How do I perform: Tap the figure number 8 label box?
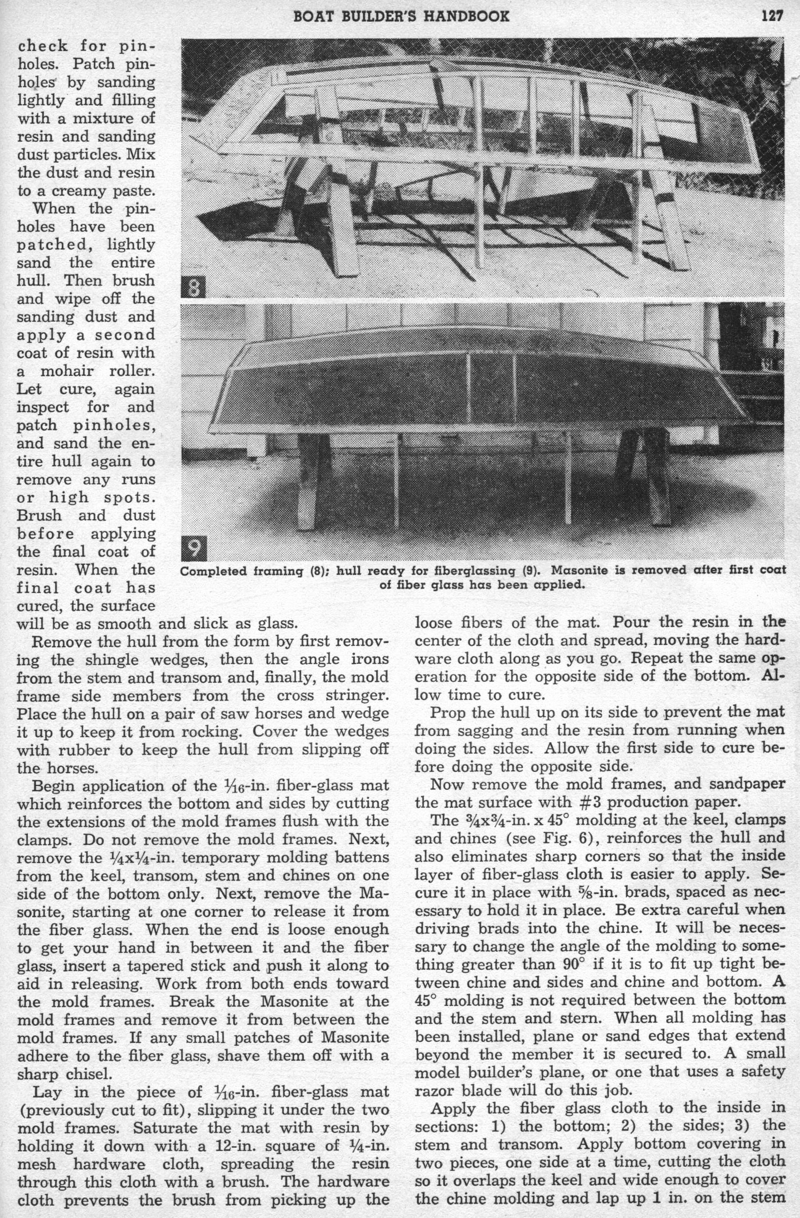[x=194, y=287]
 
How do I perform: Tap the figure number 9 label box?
[x=194, y=550]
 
